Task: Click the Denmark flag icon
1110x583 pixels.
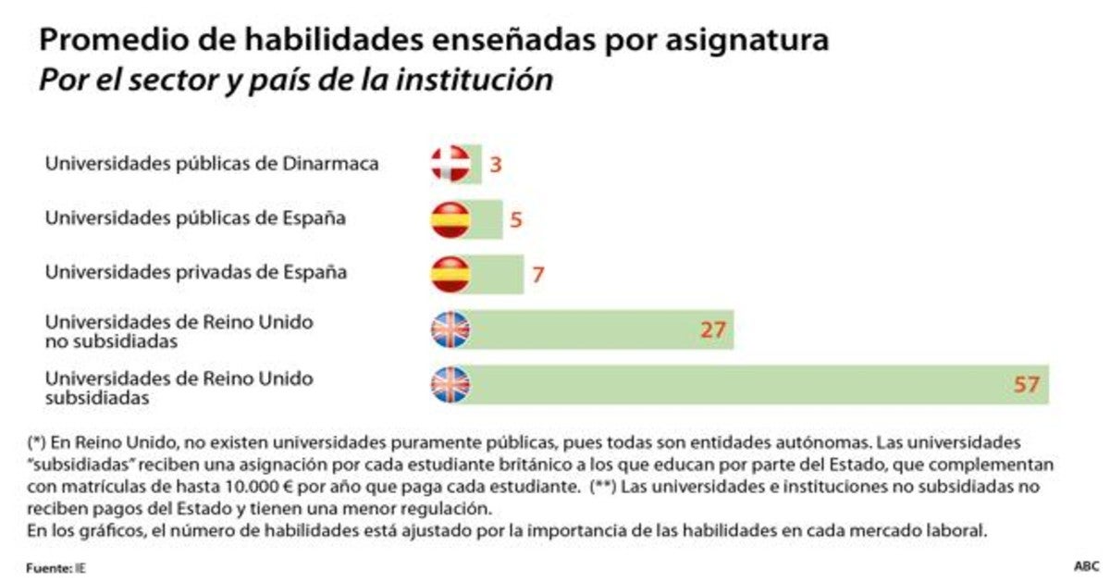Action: pyautogui.click(x=450, y=165)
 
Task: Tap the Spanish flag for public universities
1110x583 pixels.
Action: pyautogui.click(x=450, y=219)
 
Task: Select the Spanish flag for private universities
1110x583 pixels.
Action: pyautogui.click(x=450, y=274)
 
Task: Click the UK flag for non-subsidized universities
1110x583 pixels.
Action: pyautogui.click(x=450, y=329)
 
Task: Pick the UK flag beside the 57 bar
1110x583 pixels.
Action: pyautogui.click(x=450, y=384)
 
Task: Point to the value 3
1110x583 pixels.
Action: pyautogui.click(x=495, y=166)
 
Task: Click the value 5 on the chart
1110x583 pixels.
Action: pyautogui.click(x=516, y=220)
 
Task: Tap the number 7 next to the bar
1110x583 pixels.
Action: pyautogui.click(x=536, y=275)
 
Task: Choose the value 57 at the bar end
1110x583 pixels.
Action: pyautogui.click(x=1027, y=384)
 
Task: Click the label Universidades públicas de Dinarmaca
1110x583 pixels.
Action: pyautogui.click(x=212, y=165)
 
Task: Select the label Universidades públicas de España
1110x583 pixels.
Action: pyautogui.click(x=196, y=219)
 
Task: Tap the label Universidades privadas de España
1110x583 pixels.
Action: pyautogui.click(x=196, y=273)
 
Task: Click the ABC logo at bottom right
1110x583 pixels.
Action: pyautogui.click(x=1085, y=565)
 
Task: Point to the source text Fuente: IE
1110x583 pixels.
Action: pyautogui.click(x=60, y=566)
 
